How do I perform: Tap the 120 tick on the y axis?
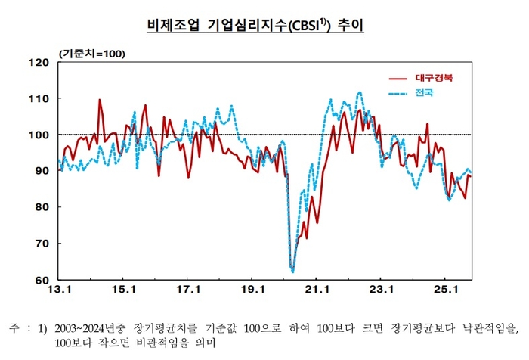pyautogui.click(x=39, y=63)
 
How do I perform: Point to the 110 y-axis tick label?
pyautogui.click(x=39, y=99)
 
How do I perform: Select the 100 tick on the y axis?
pyautogui.click(x=39, y=135)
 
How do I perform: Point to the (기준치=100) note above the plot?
pyautogui.click(x=92, y=54)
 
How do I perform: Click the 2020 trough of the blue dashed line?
pyautogui.click(x=292, y=271)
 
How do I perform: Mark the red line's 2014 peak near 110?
pyautogui.click(x=100, y=100)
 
